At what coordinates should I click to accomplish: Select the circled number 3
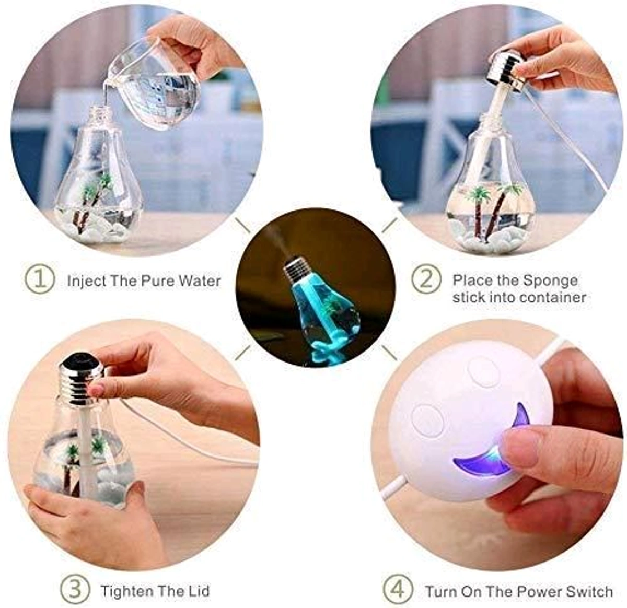coord(75,589)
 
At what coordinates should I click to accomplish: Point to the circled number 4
coord(398,589)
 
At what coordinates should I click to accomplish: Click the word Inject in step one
coord(87,281)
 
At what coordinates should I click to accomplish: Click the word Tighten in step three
coord(127,591)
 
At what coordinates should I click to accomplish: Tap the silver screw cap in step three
coord(79,380)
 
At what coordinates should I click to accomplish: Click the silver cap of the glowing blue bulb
coord(298,270)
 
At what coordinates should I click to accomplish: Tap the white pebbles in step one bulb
coord(99,230)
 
